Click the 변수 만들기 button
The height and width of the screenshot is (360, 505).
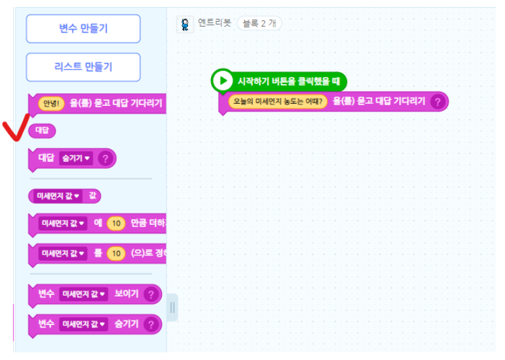[x=83, y=29]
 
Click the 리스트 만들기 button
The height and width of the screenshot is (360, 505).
[x=83, y=67]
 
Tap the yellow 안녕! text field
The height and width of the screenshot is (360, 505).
[x=50, y=103]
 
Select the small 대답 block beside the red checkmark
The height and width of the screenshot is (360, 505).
[x=42, y=131]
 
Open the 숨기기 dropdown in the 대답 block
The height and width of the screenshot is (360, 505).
[x=76, y=158]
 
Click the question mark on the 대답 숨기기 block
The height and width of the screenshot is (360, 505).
[x=105, y=158]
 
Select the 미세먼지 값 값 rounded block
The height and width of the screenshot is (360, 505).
[x=64, y=196]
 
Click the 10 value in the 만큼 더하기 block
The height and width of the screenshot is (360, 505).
[x=115, y=224]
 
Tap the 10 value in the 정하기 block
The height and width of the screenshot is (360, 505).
[x=115, y=254]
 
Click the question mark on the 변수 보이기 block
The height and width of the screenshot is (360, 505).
[x=150, y=294]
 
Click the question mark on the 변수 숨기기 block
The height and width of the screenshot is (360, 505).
[x=150, y=324]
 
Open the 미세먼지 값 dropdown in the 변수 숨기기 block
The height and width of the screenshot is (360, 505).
[x=84, y=324]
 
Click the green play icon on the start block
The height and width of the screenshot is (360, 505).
[x=223, y=80]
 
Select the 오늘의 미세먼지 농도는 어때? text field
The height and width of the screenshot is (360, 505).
[x=278, y=101]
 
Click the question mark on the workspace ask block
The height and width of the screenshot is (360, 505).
[x=437, y=101]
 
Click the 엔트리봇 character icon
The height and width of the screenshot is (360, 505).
[x=184, y=24]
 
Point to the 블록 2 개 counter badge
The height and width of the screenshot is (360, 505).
[x=259, y=24]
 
